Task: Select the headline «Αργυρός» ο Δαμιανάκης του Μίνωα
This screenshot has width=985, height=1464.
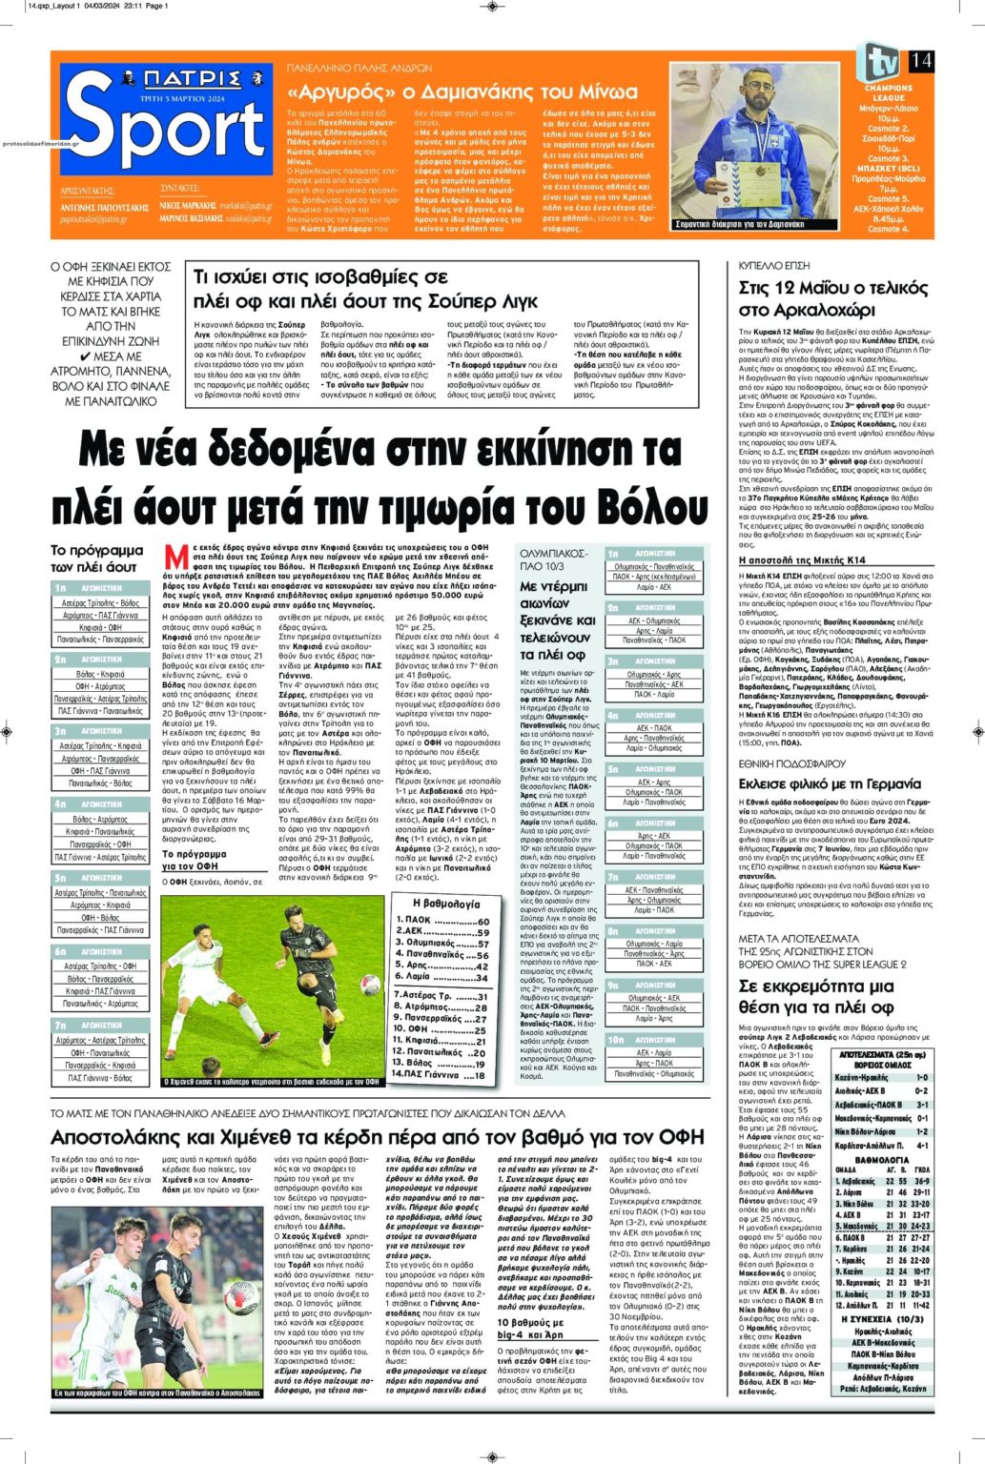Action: pyautogui.click(x=462, y=92)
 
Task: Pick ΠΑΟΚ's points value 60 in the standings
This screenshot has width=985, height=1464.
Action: pyautogui.click(x=482, y=922)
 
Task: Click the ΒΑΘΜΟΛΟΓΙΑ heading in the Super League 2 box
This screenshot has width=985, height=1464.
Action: pyautogui.click(x=881, y=1160)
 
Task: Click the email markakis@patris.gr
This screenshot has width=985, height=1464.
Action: pyautogui.click(x=243, y=205)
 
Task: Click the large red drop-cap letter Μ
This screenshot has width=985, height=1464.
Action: pyautogui.click(x=174, y=557)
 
